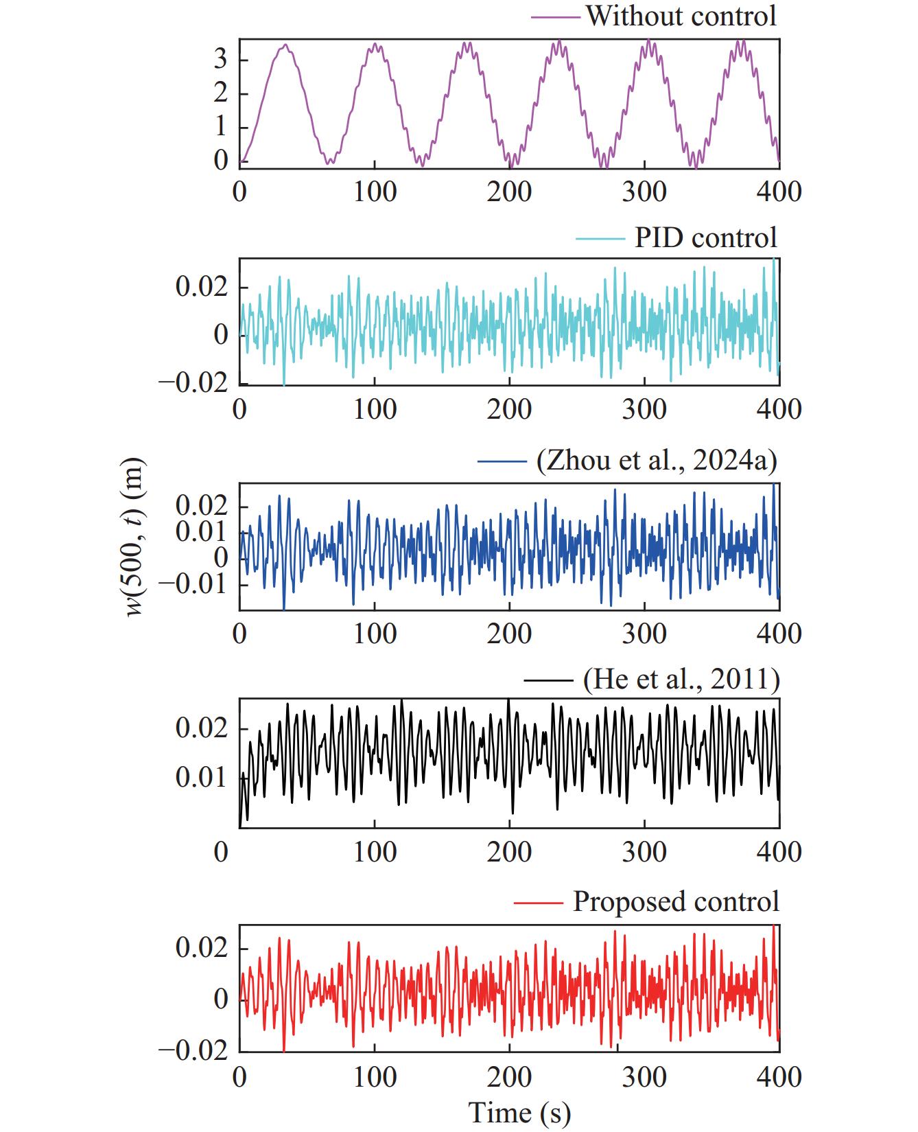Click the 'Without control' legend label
point(681,15)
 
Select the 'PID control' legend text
point(705,238)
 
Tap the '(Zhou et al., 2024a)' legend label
point(657,461)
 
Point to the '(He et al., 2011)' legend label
point(681,680)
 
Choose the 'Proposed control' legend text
point(676,901)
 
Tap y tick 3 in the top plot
point(220,60)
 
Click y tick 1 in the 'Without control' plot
point(220,127)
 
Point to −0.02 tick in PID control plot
point(193,383)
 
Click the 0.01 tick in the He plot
point(201,778)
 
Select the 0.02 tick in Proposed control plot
point(201,949)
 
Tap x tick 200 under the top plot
point(509,192)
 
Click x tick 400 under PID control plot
point(779,409)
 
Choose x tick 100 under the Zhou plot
point(375,633)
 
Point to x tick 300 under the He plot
point(644,852)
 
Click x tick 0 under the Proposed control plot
point(239,1077)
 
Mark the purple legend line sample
point(555,15)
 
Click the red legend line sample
point(538,901)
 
